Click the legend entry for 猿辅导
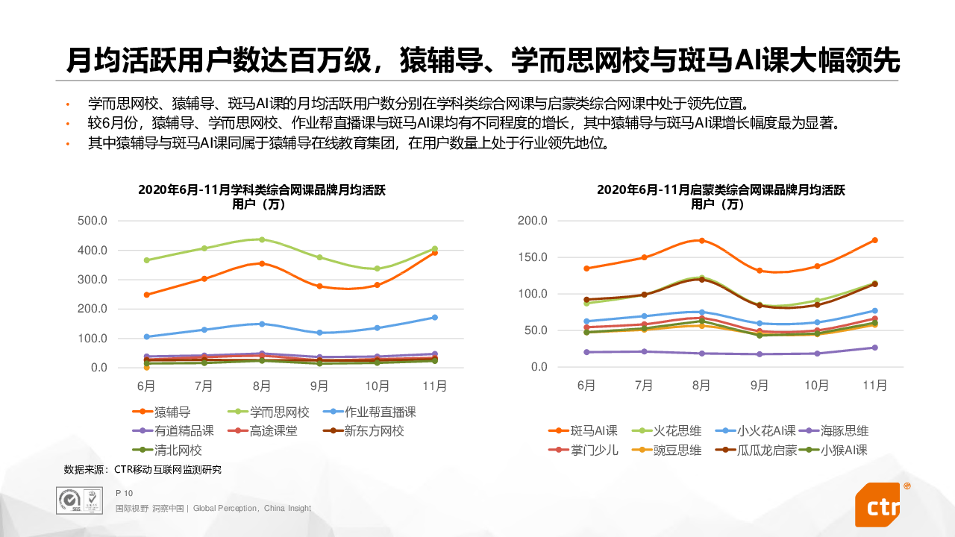[x=172, y=412]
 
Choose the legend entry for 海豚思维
[x=844, y=430]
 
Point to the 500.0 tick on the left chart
[x=93, y=221]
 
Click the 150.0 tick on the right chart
[x=532, y=257]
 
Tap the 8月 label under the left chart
[x=262, y=386]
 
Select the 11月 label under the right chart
[x=874, y=386]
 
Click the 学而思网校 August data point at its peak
[x=262, y=239]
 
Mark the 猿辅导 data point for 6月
[x=147, y=295]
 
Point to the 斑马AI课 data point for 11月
[x=874, y=240]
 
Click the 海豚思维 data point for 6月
[x=586, y=352]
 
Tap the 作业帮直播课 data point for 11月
[x=434, y=318]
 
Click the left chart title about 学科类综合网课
[x=262, y=196]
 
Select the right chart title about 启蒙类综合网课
[x=721, y=196]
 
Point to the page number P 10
[x=124, y=493]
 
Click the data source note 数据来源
[x=143, y=470]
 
